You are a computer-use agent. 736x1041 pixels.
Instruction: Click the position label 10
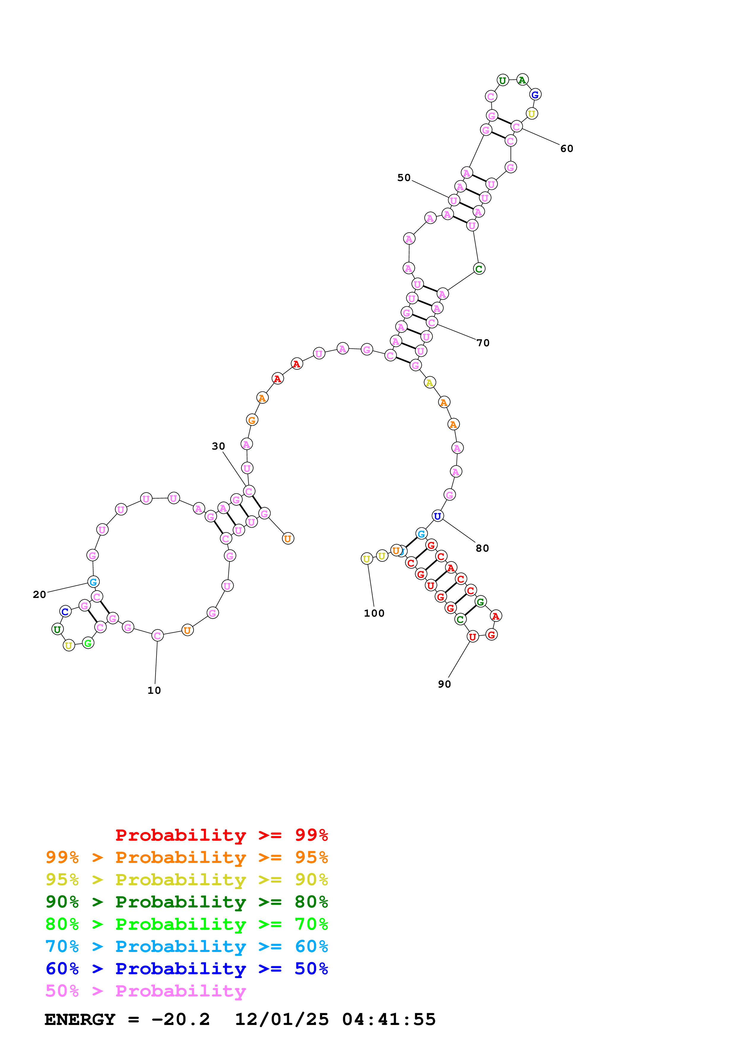[x=154, y=690]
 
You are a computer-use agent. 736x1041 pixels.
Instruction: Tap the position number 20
[x=39, y=594]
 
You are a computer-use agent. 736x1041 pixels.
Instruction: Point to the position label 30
[x=218, y=446]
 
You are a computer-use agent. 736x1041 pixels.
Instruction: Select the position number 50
[x=403, y=178]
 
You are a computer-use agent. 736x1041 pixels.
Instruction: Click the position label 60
[x=566, y=149]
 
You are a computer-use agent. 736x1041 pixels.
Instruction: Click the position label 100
[x=374, y=613]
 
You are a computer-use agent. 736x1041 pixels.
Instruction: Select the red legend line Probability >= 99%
[x=221, y=835]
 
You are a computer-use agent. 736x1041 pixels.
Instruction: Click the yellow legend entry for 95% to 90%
[x=186, y=880]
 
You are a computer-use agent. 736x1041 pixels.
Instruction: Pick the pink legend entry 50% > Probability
[x=145, y=991]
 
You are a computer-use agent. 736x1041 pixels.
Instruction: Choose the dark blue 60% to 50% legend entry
[x=186, y=969]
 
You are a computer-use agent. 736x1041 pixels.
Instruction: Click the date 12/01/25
[x=281, y=1019]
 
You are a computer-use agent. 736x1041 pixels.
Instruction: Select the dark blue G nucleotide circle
[x=535, y=95]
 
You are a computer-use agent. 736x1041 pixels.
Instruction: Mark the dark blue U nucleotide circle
[x=437, y=516]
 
